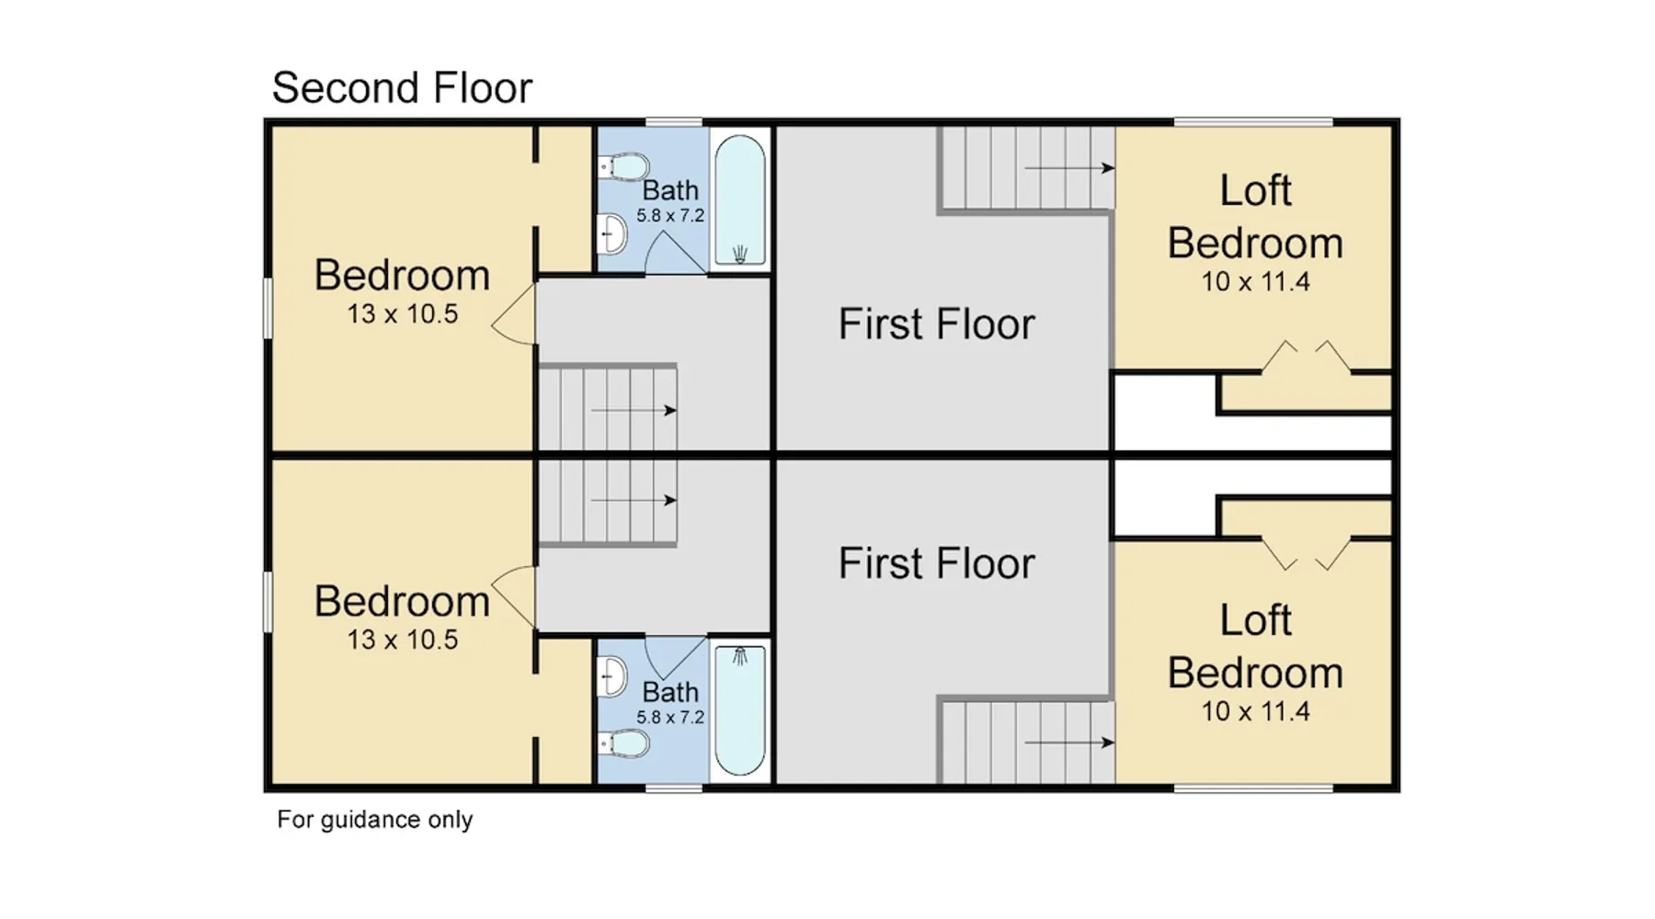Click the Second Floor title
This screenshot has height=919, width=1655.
[402, 88]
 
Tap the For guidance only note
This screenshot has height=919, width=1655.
[375, 820]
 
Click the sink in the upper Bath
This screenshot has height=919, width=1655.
[612, 233]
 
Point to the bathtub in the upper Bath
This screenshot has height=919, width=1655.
[740, 200]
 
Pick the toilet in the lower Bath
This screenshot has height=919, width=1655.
[623, 742]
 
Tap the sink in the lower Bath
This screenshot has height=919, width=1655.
[612, 676]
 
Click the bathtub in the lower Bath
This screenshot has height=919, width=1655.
[740, 709]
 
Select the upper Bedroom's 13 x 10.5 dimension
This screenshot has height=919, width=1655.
[402, 314]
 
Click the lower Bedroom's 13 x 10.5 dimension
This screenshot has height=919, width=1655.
[402, 640]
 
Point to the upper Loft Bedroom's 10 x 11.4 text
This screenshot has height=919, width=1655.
[1255, 282]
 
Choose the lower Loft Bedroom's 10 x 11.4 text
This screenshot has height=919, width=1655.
[1255, 711]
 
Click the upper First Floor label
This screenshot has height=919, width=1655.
[936, 324]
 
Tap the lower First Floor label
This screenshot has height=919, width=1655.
[936, 563]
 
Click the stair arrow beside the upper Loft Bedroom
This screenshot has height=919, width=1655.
[1069, 168]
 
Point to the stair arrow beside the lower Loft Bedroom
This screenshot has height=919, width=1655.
[1069, 743]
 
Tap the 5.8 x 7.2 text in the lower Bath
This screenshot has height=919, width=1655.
[670, 718]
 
